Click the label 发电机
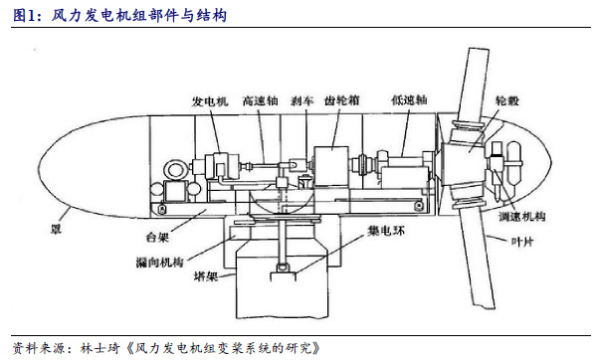[210, 101]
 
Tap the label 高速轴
[260, 100]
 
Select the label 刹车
[301, 100]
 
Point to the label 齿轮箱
[342, 100]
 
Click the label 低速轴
[409, 100]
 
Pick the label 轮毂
[506, 100]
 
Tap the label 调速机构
[521, 217]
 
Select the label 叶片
[522, 242]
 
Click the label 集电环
[386, 231]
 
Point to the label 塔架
[206, 275]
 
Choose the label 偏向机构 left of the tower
[159, 262]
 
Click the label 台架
[157, 237]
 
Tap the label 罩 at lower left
[56, 229]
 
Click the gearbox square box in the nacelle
[331, 166]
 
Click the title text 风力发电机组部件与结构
[139, 16]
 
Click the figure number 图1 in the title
[25, 16]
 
